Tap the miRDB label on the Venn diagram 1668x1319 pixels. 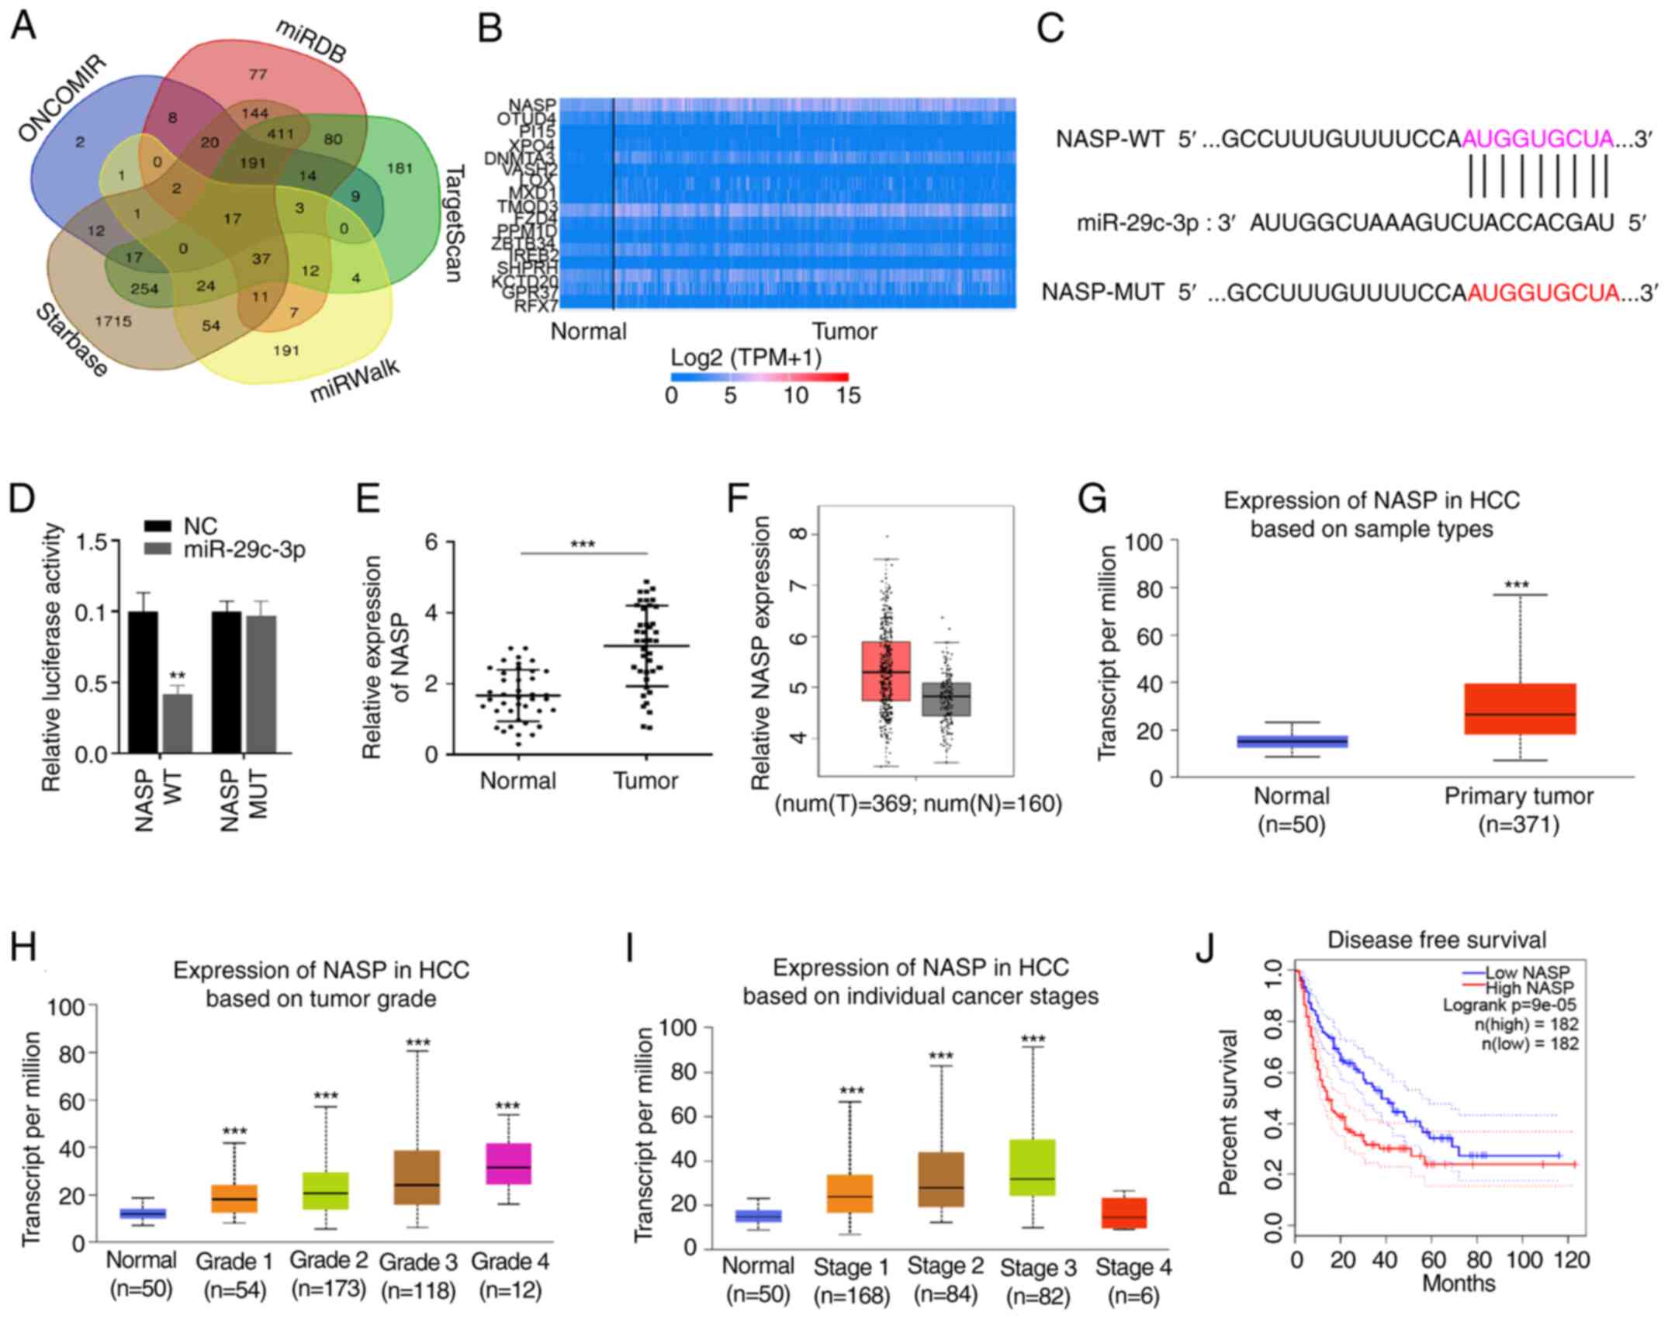coord(310,40)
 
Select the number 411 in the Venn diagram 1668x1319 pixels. coord(281,133)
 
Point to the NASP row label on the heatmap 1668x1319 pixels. coord(532,105)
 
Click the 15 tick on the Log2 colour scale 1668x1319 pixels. coord(849,396)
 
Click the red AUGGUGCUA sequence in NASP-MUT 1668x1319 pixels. coord(1543,293)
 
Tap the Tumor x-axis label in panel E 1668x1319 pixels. coord(645,781)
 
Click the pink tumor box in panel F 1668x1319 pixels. coord(886,671)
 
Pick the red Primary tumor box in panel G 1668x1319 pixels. coord(1520,708)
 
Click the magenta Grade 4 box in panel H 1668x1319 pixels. coord(508,1163)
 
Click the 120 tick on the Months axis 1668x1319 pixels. coord(1571,1259)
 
